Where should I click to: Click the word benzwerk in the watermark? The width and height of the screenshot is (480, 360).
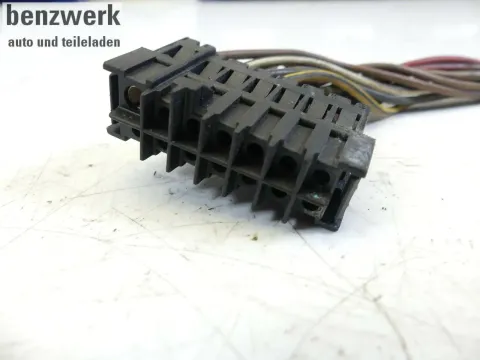tap(63, 16)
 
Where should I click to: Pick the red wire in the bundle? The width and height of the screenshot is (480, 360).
tap(440, 62)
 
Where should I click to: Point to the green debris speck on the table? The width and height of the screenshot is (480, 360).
tap(255, 237)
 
